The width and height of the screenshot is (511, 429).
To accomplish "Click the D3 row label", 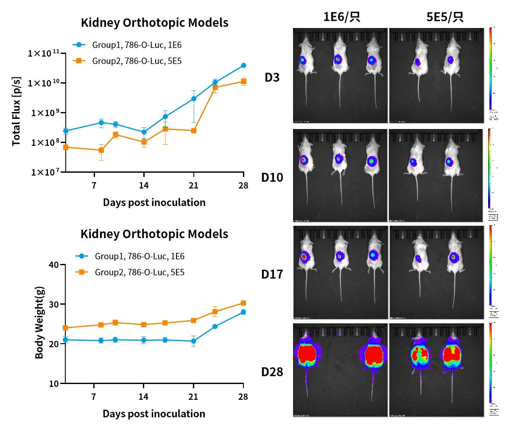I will click(x=272, y=78).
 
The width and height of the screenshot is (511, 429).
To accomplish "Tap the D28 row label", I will click(x=272, y=372).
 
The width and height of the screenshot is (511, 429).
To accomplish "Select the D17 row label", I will click(x=272, y=274).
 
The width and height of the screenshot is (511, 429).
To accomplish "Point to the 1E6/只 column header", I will click(x=341, y=17).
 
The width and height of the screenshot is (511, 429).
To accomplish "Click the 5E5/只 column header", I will click(x=445, y=17).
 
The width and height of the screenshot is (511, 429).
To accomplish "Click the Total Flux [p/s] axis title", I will click(x=16, y=111).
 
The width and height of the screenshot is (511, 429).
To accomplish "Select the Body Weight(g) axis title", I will click(x=39, y=322).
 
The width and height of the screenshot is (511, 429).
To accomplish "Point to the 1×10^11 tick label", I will click(x=44, y=53).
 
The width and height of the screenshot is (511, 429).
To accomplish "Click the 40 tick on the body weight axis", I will click(x=54, y=265).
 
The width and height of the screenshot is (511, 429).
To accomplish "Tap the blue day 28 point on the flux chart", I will click(x=243, y=65).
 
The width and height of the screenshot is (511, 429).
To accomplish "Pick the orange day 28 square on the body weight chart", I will click(x=243, y=303).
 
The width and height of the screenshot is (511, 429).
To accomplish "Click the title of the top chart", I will click(x=154, y=22).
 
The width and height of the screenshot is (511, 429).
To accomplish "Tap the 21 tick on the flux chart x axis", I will click(x=193, y=185).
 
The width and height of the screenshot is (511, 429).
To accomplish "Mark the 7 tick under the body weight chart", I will click(x=94, y=397).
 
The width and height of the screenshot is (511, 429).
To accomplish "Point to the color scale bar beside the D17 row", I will click(x=491, y=265).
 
